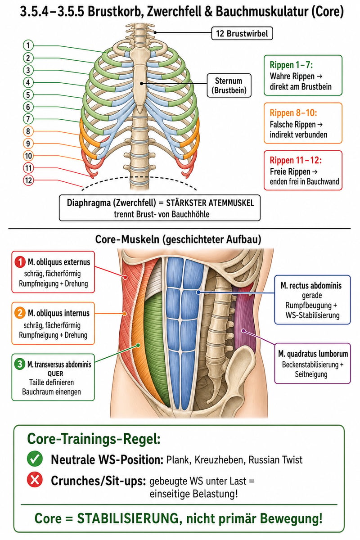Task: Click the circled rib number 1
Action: point(28,45)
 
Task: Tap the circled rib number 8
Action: point(28,131)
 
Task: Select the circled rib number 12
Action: point(28,180)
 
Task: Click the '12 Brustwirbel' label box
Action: point(242,33)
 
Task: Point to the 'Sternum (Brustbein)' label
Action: point(229,85)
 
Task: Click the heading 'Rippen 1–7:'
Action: point(291,65)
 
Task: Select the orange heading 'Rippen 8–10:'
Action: point(293,112)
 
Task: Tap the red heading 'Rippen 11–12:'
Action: point(296,160)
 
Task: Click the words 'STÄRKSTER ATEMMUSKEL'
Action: point(210,203)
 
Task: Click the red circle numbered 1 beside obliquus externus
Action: point(20,262)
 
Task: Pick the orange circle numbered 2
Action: point(20,313)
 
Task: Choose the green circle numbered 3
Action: point(20,364)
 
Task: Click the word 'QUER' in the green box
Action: point(55,373)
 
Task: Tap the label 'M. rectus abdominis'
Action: point(311,286)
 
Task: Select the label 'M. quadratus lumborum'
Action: point(313,354)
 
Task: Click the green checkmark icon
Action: point(35,458)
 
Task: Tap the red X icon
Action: point(35,480)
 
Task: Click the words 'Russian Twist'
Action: point(275,459)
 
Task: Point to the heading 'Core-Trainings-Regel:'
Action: point(94,439)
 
